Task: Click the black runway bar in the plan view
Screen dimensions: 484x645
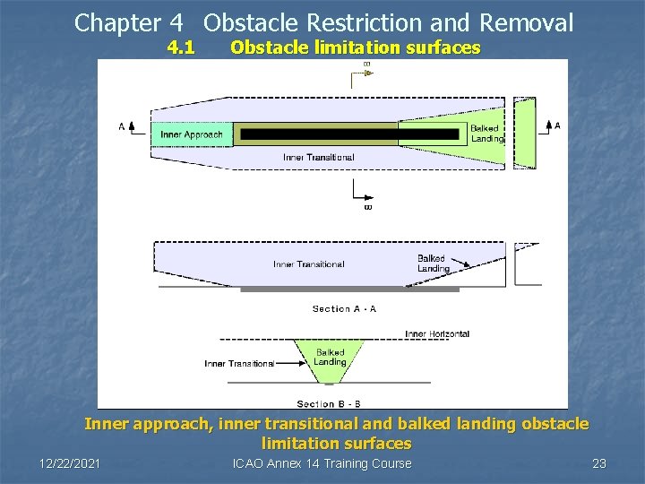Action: [x=318, y=134]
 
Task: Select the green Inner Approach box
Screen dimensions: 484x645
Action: [x=192, y=135]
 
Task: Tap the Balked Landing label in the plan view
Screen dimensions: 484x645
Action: [x=486, y=134]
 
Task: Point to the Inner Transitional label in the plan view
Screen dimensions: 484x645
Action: [x=318, y=158]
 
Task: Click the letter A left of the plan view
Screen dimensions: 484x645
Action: [x=122, y=126]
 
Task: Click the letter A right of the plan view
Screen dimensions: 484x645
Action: [x=557, y=126]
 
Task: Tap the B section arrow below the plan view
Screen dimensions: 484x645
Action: [x=366, y=197]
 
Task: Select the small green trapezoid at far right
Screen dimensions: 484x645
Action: [x=526, y=133]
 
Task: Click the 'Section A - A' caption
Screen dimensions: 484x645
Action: [x=344, y=309]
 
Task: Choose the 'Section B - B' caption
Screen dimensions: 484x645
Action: [x=329, y=404]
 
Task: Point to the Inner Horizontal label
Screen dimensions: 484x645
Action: [x=437, y=334]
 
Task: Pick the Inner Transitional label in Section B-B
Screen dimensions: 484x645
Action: [x=239, y=364]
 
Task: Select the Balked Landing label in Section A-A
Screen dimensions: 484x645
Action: [x=434, y=264]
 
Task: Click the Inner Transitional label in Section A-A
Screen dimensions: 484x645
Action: [x=308, y=264]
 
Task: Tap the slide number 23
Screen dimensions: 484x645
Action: [x=599, y=463]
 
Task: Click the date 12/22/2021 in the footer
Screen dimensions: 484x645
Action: [x=70, y=463]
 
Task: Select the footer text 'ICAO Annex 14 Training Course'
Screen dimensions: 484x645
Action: [x=322, y=463]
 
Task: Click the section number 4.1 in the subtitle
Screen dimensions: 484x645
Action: [x=181, y=48]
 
